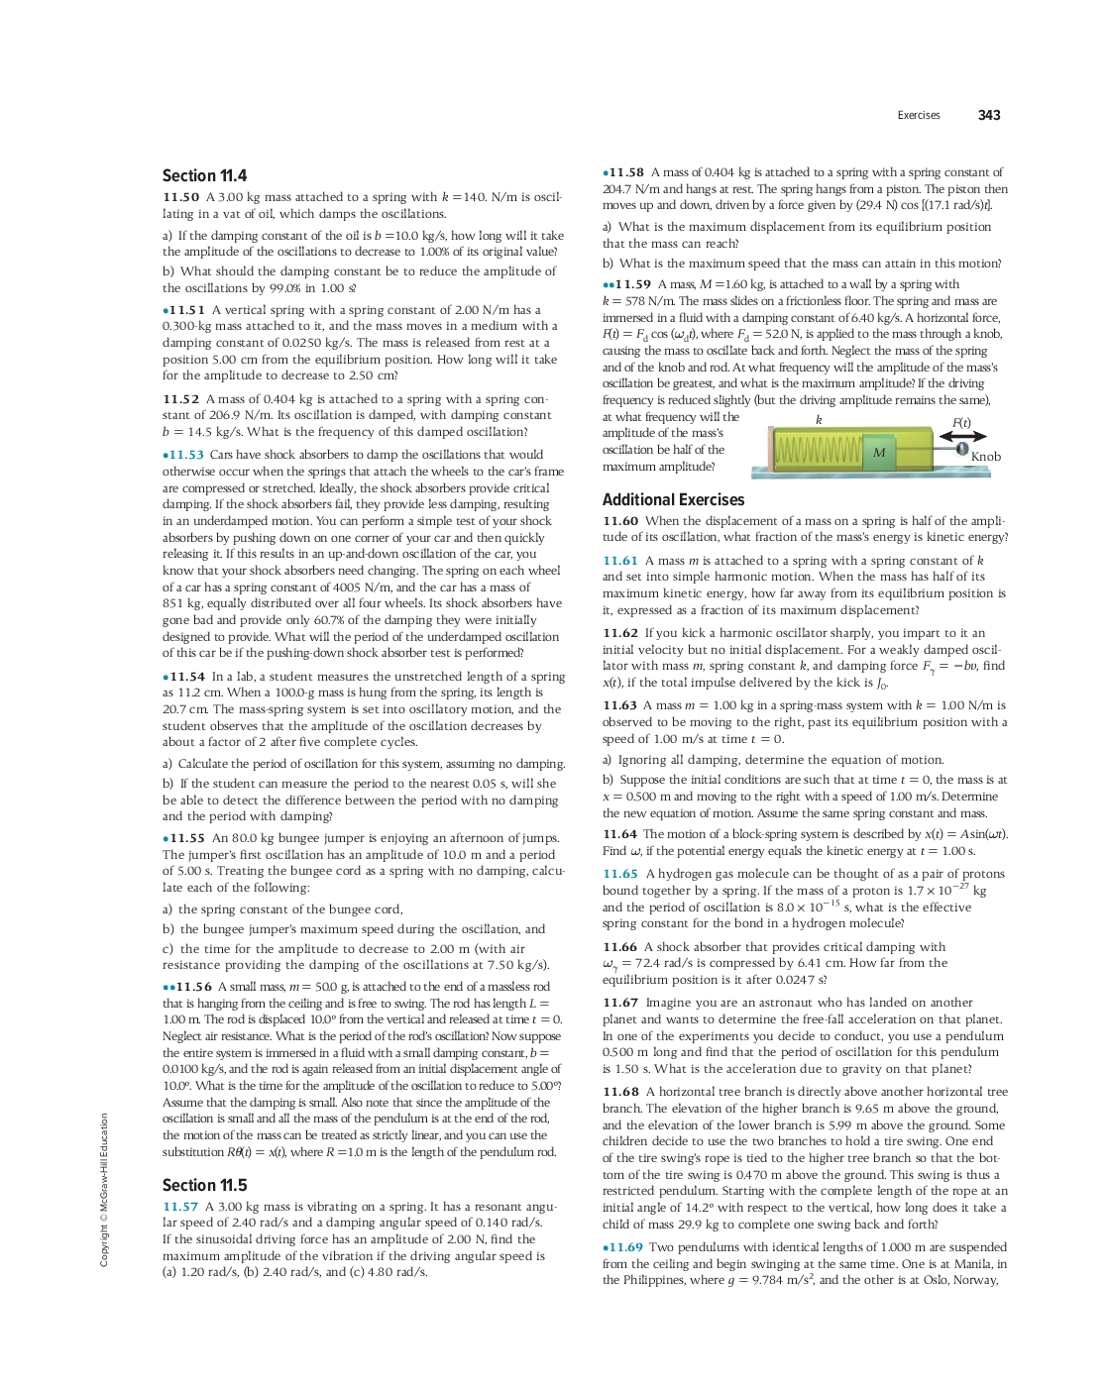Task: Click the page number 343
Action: [x=988, y=115]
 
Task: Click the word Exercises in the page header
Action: [x=918, y=116]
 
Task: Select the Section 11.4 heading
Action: [x=204, y=175]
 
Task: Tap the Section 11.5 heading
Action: [x=204, y=1185]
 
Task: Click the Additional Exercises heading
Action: [x=673, y=500]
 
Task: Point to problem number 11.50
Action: [x=180, y=197]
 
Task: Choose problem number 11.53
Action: [x=186, y=455]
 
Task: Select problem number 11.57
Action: [x=180, y=1207]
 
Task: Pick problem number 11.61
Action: [x=620, y=561]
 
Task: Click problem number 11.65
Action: [x=620, y=874]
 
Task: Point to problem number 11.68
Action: [x=620, y=1092]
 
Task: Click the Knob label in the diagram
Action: [x=985, y=457]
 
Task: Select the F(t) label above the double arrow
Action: [x=960, y=423]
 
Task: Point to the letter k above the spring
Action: [x=819, y=420]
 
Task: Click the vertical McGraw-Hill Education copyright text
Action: [x=104, y=1189]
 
